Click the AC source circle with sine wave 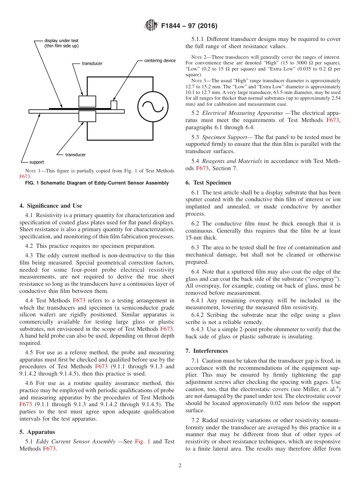tap(153, 107)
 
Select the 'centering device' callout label tap(160, 61)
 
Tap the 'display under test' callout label tap(61, 43)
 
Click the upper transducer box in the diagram tap(87, 102)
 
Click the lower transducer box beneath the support tap(87, 116)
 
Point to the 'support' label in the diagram tap(37, 162)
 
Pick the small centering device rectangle tap(114, 105)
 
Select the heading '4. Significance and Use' tap(50, 206)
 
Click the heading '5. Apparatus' tap(37, 432)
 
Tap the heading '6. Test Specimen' tap(208, 182)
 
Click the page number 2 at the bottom tap(180, 466)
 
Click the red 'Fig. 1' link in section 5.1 tap(142, 441)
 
